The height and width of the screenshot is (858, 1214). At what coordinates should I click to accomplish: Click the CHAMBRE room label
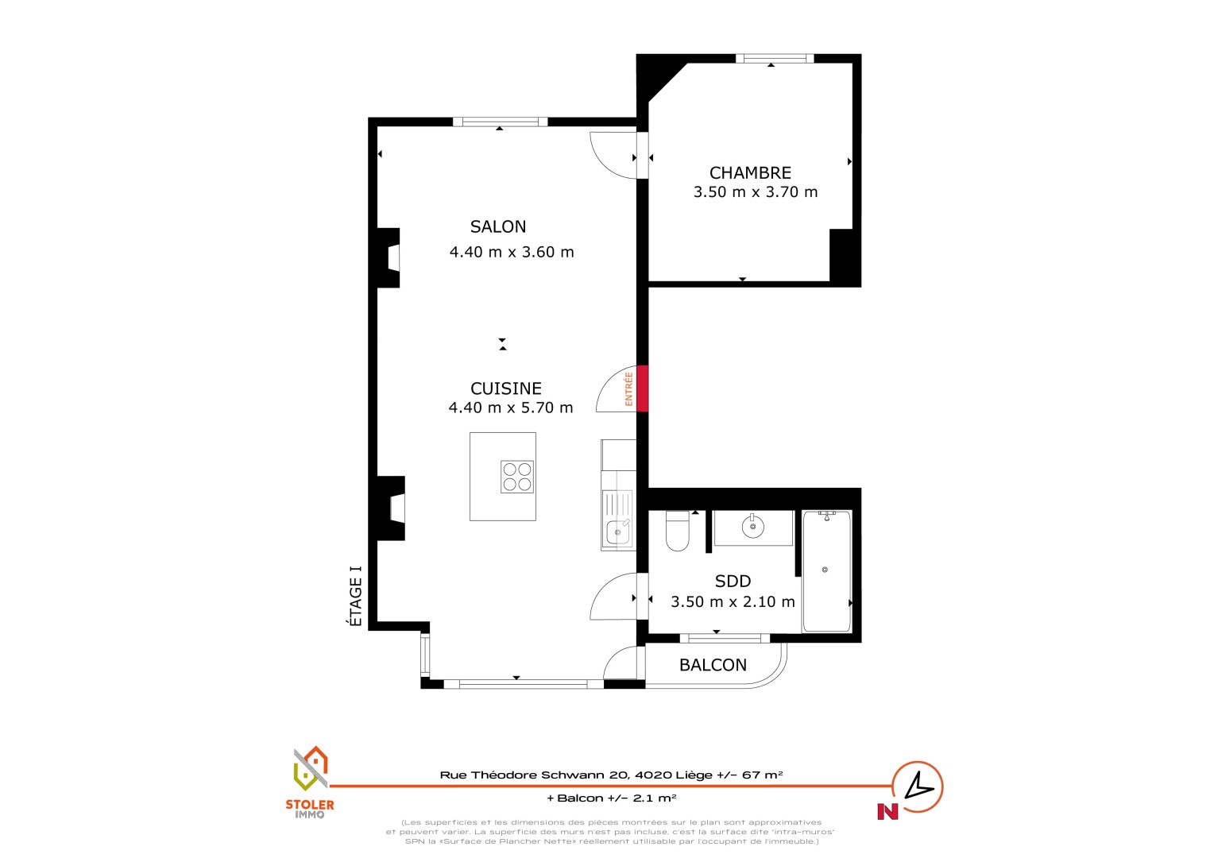[x=750, y=173]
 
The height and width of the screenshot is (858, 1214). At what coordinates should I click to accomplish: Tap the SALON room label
[x=498, y=226]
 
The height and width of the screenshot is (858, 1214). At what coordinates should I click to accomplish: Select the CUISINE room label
[x=505, y=388]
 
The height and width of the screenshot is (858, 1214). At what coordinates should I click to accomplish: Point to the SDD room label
[x=733, y=581]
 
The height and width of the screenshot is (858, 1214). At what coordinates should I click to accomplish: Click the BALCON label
[x=713, y=665]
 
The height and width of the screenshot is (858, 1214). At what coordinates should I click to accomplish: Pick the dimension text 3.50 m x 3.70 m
[x=756, y=192]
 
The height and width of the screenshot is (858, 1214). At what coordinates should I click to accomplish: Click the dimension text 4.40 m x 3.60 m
[x=512, y=252]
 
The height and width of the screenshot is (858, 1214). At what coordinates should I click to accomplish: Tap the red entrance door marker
[x=642, y=388]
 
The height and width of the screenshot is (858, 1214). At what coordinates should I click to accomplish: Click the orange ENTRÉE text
[x=628, y=388]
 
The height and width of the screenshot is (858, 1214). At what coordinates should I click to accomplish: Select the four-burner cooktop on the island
[x=517, y=477]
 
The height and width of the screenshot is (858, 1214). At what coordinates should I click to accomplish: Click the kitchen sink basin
[x=618, y=532]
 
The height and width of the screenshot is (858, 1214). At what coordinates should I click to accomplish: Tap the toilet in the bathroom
[x=678, y=531]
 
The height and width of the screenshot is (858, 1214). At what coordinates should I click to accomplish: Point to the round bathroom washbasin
[x=752, y=526]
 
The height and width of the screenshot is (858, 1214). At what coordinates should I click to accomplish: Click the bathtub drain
[x=825, y=570]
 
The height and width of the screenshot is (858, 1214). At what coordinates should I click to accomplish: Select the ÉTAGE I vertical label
[x=355, y=596]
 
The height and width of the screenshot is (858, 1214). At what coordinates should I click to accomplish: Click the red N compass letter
[x=887, y=811]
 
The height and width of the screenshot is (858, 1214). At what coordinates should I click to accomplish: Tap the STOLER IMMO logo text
[x=310, y=810]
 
